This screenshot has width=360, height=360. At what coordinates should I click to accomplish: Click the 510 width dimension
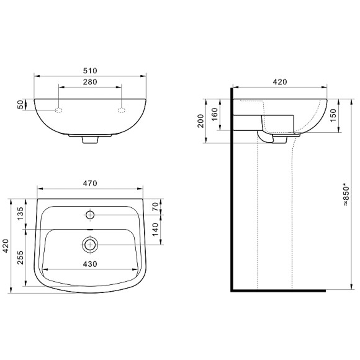point(91,71)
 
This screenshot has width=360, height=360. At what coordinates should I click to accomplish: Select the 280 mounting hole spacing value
point(91,83)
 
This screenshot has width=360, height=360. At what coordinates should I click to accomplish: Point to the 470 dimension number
point(91,183)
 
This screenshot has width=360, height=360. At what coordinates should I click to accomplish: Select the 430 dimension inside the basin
point(91,264)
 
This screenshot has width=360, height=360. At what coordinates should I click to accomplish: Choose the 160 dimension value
point(215,114)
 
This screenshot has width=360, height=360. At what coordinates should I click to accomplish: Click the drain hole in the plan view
point(91,245)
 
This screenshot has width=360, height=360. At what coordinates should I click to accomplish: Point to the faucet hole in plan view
point(91,215)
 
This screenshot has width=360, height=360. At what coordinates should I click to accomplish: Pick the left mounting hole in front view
point(59,110)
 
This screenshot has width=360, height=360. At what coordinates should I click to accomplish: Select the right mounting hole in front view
point(122,110)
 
